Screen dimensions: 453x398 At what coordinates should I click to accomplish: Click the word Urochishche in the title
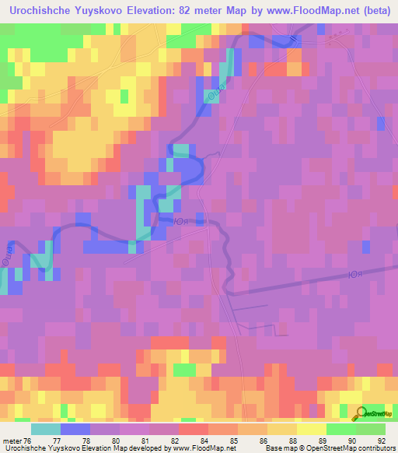point(42,12)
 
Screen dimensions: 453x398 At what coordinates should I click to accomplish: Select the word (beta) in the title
point(370,12)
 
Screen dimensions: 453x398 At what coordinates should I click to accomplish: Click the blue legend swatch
point(75,429)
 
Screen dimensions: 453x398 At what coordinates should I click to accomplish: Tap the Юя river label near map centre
point(179,221)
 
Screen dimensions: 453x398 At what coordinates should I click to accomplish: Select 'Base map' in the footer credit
point(279,448)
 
